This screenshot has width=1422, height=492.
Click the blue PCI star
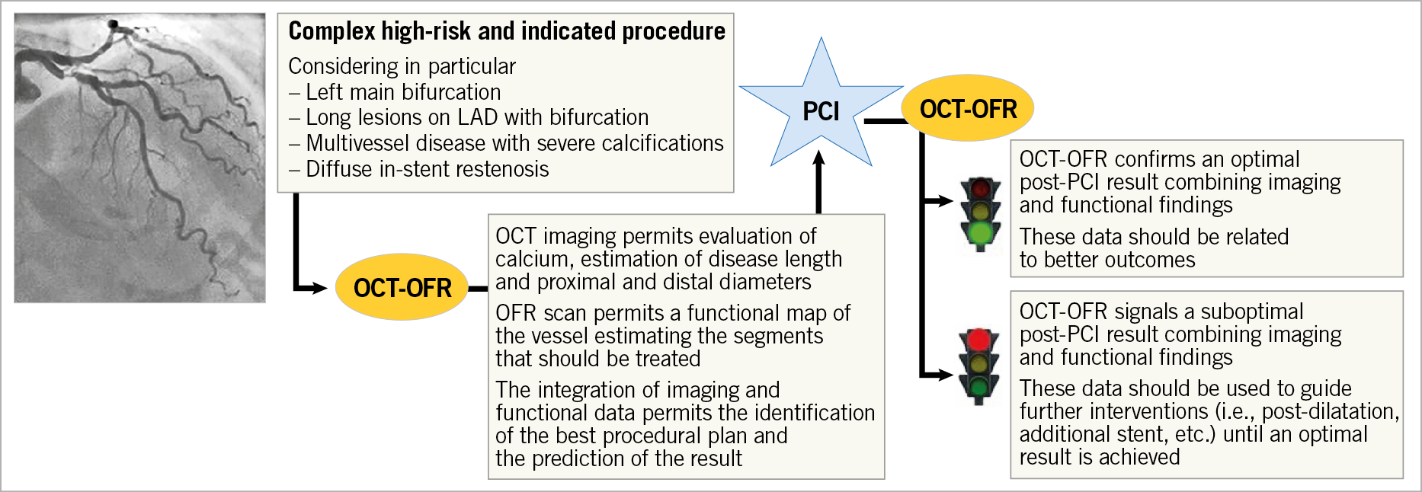click(821, 110)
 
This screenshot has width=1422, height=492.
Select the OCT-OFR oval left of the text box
click(402, 288)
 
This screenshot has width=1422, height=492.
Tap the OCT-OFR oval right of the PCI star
click(968, 109)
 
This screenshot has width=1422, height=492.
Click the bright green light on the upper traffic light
click(980, 232)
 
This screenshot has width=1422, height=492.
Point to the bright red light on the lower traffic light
click(979, 340)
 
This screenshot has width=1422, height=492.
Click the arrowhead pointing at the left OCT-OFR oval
click(319, 288)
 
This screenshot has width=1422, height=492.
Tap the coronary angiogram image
click(140, 158)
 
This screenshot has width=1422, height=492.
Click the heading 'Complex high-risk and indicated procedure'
click(507, 31)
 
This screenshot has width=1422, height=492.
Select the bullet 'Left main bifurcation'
click(403, 92)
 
